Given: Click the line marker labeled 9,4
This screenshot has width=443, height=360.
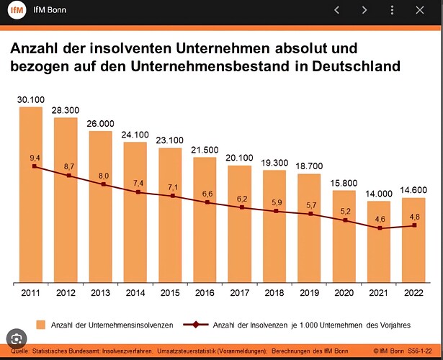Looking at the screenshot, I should point(34,166).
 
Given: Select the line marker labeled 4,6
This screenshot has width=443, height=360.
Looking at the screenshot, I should point(380,228).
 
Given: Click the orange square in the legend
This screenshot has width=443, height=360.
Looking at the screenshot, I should point(41,325).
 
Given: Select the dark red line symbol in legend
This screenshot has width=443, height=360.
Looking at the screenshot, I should point(201,325).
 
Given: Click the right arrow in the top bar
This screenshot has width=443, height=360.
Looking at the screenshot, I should point(365,10).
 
